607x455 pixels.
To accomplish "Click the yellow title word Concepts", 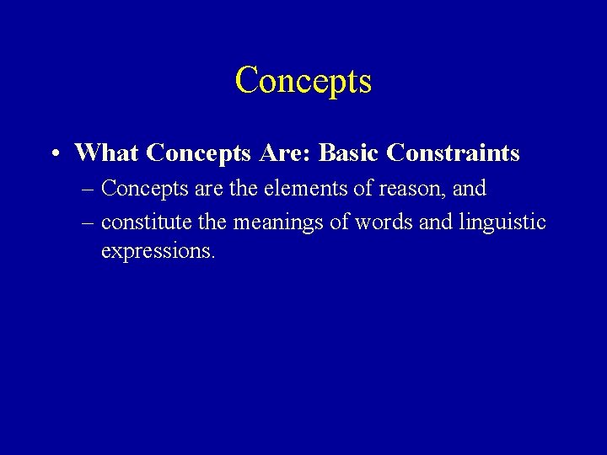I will click(x=303, y=81).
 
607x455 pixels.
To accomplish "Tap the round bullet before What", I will click(x=53, y=154).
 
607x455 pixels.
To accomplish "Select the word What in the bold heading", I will click(x=107, y=153).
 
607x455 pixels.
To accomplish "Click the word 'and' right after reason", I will click(x=470, y=189).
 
